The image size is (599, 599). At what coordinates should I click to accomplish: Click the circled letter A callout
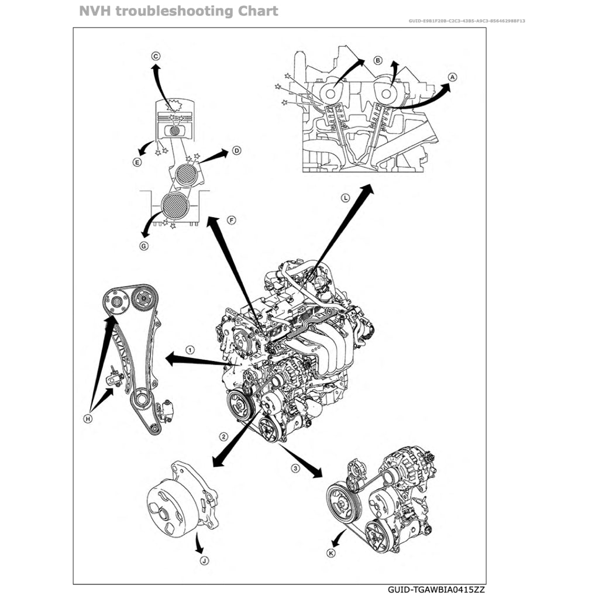pyautogui.click(x=452, y=77)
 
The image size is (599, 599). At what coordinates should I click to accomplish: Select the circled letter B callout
pyautogui.click(x=377, y=60)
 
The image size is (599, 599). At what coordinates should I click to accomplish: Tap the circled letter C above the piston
pyautogui.click(x=156, y=56)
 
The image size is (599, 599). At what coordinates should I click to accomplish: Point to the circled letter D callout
pyautogui.click(x=236, y=150)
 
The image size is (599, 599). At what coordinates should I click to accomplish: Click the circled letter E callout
pyautogui.click(x=137, y=163)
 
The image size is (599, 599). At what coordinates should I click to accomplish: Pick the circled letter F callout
pyautogui.click(x=231, y=220)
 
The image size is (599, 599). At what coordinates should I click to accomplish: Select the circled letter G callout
pyautogui.click(x=144, y=246)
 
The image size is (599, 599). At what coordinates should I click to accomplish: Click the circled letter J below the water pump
pyautogui.click(x=204, y=560)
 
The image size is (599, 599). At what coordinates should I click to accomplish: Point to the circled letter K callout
pyautogui.click(x=331, y=553)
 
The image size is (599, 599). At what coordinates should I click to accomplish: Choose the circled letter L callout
pyautogui.click(x=346, y=198)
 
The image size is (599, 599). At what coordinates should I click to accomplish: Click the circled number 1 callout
pyautogui.click(x=190, y=349)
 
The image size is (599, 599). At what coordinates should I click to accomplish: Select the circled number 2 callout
pyautogui.click(x=223, y=436)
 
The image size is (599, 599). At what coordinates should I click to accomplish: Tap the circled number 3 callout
pyautogui.click(x=295, y=468)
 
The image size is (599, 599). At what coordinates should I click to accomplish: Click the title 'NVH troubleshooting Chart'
pyautogui.click(x=178, y=11)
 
